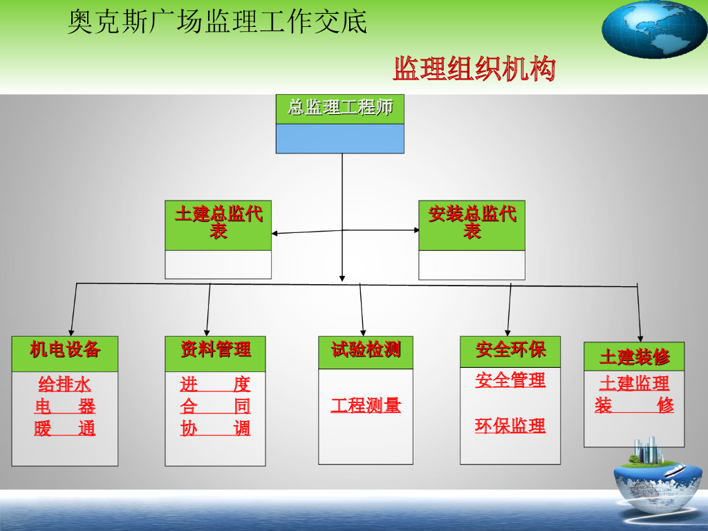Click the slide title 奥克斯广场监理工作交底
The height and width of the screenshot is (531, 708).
(217, 22)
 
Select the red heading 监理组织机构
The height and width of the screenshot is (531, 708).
(474, 69)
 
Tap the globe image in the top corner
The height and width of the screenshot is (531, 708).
(653, 29)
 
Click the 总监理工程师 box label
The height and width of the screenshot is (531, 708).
(340, 108)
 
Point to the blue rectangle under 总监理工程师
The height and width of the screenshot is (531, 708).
(340, 138)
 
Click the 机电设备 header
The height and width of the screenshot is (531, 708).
(65, 350)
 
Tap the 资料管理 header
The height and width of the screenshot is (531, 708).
(215, 350)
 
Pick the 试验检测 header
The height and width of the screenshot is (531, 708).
(366, 351)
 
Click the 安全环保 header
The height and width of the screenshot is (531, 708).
(510, 351)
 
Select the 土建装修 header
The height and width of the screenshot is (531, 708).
(634, 357)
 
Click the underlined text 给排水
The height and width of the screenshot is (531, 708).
(65, 384)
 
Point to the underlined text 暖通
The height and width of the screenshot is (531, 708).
(65, 429)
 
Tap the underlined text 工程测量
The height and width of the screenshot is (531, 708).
(366, 406)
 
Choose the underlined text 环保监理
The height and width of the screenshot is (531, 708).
(510, 426)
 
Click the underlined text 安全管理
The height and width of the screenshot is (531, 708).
(510, 380)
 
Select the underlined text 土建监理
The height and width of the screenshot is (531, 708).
(634, 383)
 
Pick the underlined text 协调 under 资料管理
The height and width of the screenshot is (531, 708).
(215, 429)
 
